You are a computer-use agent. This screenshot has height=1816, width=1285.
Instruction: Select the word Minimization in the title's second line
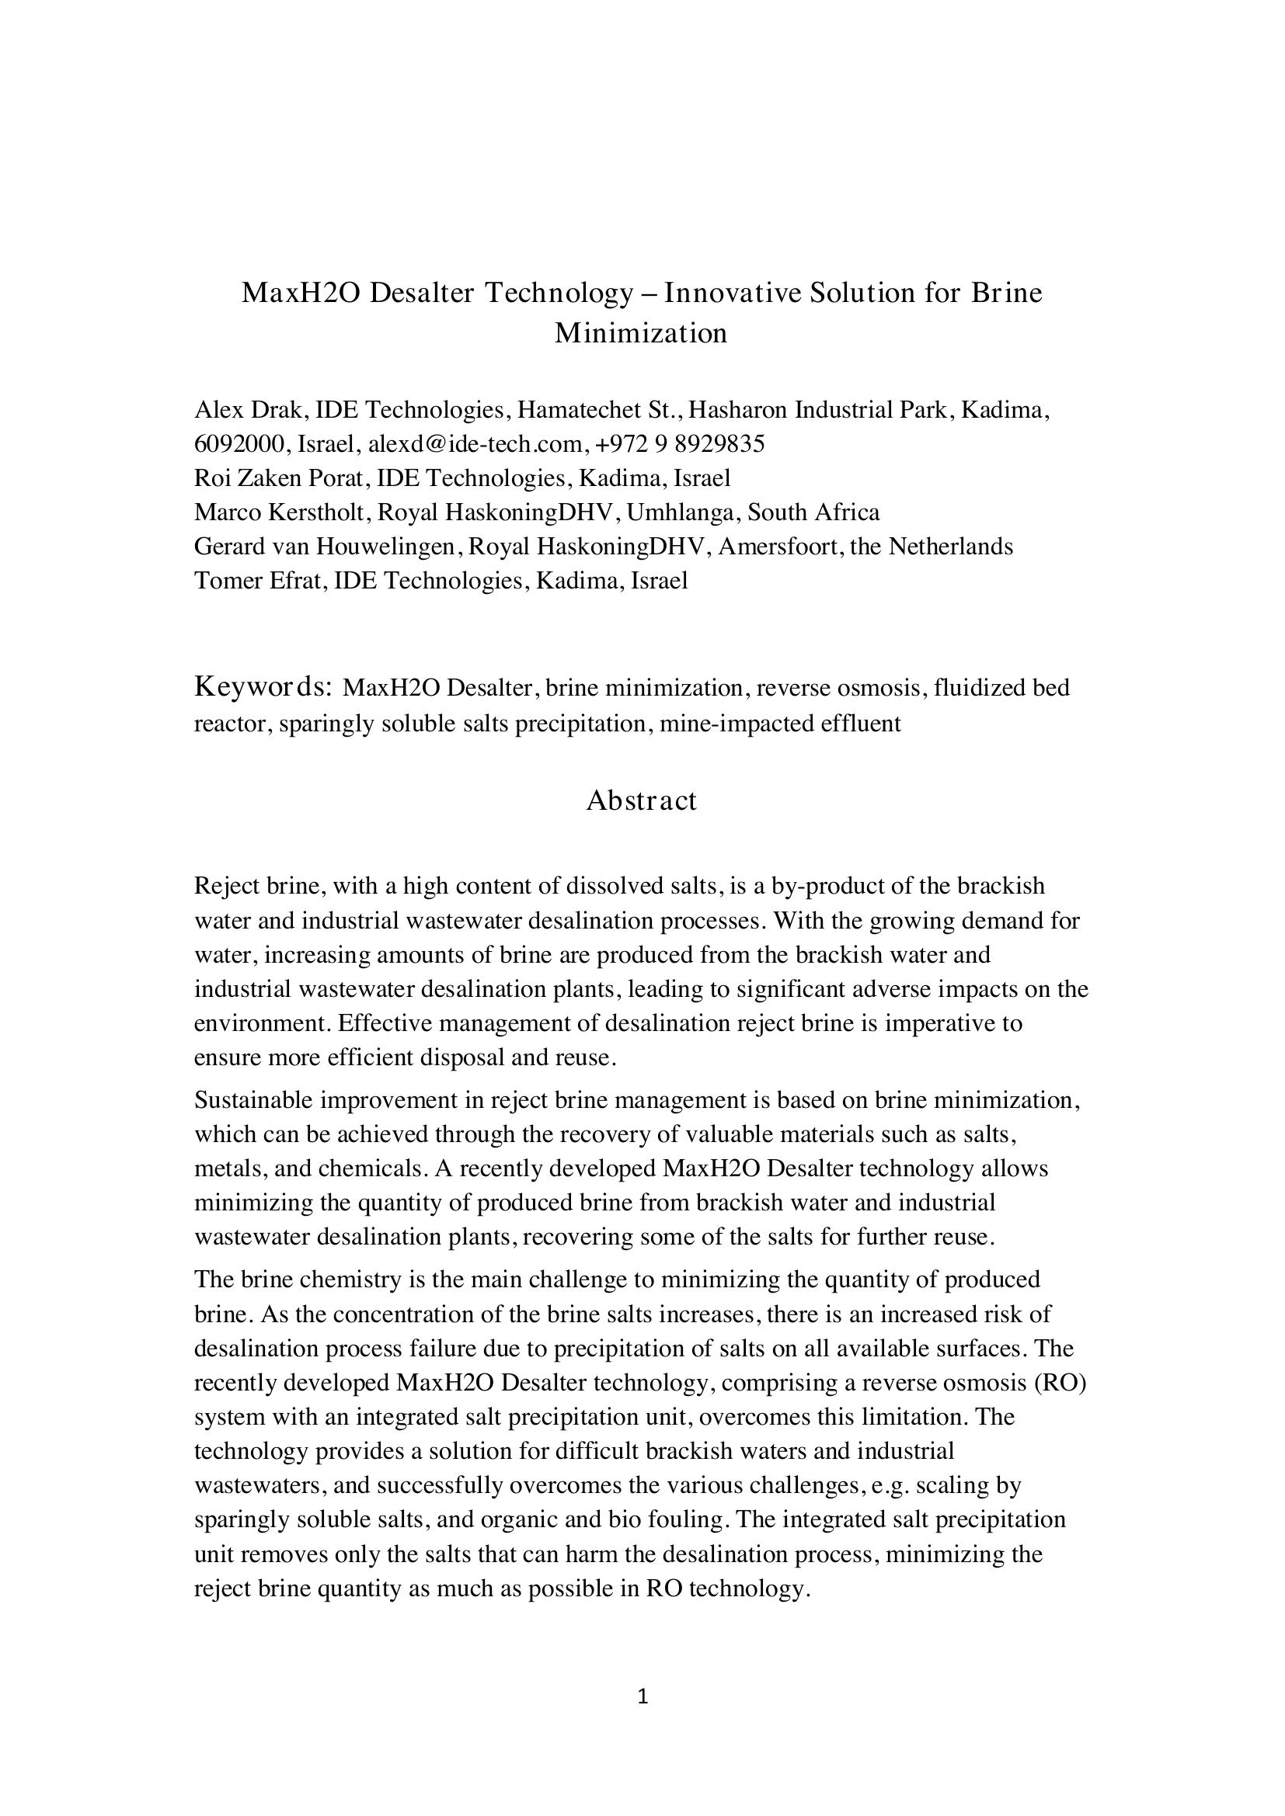point(641,333)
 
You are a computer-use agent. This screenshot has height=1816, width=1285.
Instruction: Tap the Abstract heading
point(641,800)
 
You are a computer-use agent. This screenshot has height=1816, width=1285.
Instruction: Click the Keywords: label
point(262,686)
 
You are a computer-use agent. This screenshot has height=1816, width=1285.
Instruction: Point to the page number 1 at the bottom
point(642,1696)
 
